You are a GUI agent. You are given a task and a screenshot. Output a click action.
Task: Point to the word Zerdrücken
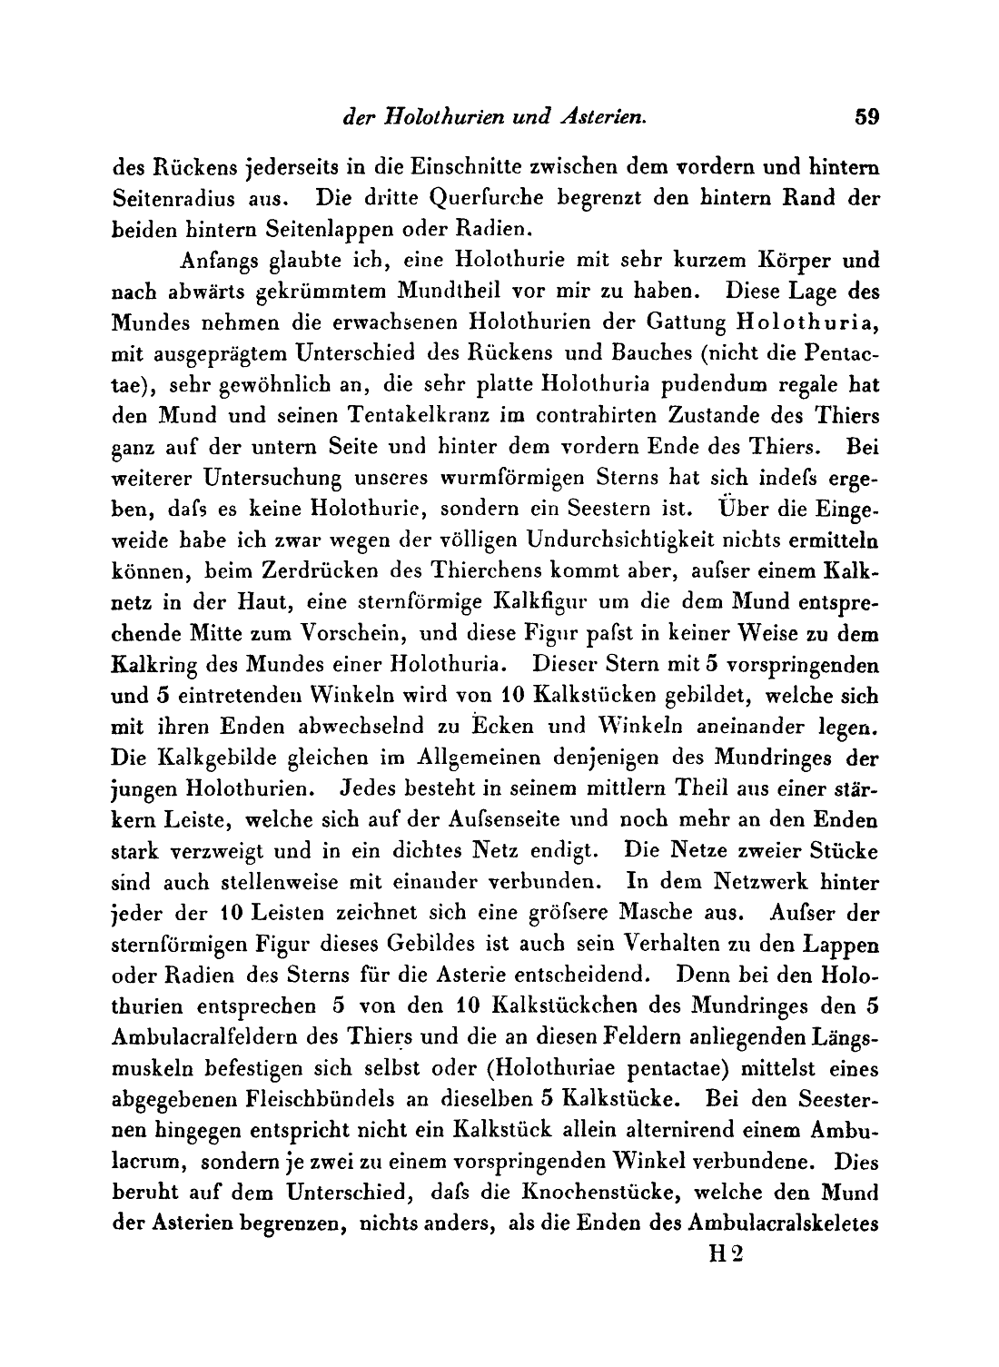click(x=312, y=571)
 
